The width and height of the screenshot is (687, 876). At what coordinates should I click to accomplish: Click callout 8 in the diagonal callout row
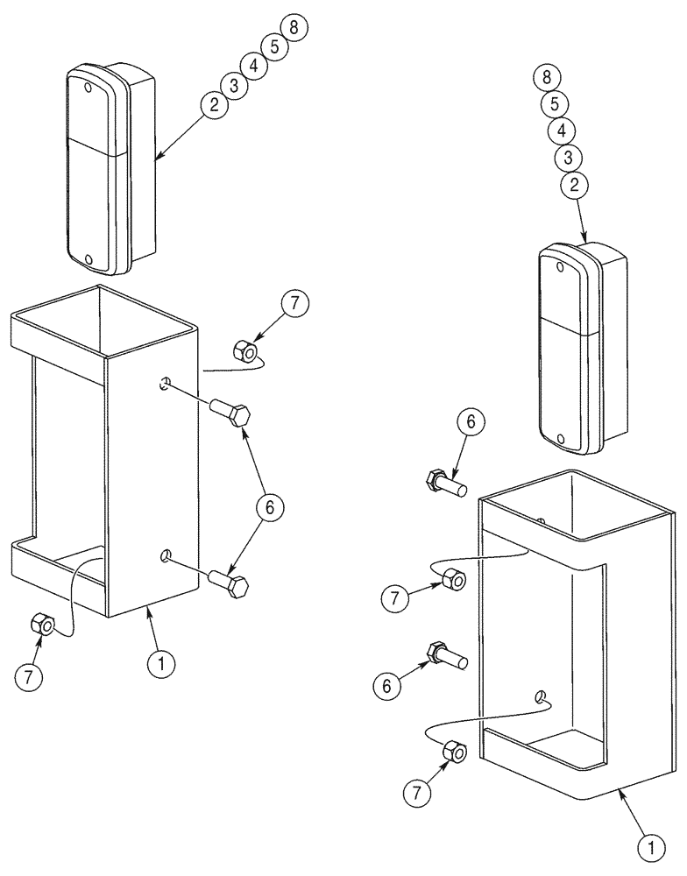pyautogui.click(x=294, y=27)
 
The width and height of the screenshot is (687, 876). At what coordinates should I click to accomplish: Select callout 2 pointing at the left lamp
pyautogui.click(x=213, y=104)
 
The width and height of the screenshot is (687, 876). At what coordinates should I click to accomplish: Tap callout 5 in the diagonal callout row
pyautogui.click(x=274, y=46)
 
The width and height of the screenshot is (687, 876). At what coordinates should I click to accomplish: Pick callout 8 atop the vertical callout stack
pyautogui.click(x=546, y=77)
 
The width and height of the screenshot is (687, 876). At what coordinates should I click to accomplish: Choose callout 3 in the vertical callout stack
pyautogui.click(x=568, y=158)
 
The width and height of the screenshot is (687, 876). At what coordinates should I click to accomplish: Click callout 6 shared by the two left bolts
pyautogui.click(x=271, y=506)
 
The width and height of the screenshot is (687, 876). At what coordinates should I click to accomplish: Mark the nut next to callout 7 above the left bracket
pyautogui.click(x=244, y=353)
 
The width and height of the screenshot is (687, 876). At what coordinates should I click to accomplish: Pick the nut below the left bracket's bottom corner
pyautogui.click(x=40, y=625)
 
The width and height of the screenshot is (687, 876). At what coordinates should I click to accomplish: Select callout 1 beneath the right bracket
pyautogui.click(x=648, y=847)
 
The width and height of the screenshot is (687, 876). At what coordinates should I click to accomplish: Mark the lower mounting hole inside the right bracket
pyautogui.click(x=542, y=696)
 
